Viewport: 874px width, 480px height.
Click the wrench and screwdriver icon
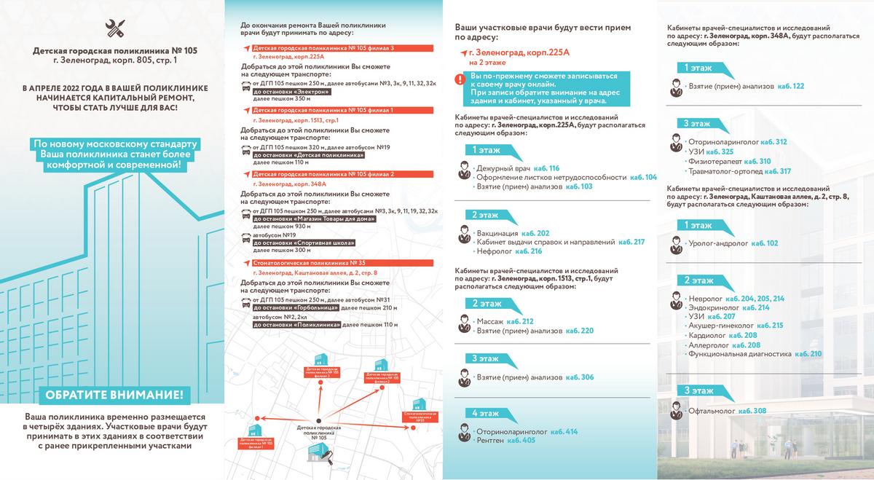coord(114,28)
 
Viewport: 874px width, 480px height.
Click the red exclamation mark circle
coord(460,79)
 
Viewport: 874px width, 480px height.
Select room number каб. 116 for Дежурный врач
coord(545,168)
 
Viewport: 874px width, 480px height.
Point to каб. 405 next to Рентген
coord(521,441)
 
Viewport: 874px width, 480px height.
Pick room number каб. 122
coord(790,86)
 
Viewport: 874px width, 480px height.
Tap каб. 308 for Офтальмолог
coord(752,411)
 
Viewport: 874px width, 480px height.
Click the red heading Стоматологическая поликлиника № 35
coord(304,264)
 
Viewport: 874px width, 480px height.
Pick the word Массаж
coord(489,321)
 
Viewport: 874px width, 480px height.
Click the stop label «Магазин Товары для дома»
coord(313,219)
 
